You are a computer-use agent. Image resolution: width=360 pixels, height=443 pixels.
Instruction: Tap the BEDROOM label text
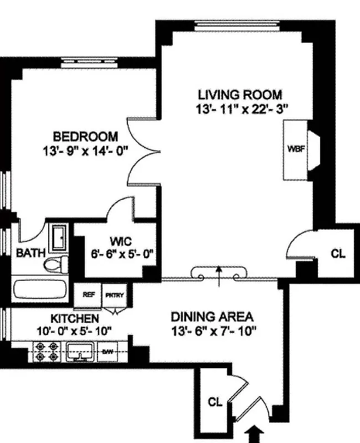pos(85,136)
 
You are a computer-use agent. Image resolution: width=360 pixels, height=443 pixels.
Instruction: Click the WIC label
pos(120,241)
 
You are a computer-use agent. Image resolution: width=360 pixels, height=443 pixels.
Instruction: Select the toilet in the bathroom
pos(55,264)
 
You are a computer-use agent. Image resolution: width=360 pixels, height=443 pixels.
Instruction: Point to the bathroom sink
pos(58,236)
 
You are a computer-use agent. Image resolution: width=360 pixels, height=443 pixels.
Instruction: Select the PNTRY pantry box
pos(115,295)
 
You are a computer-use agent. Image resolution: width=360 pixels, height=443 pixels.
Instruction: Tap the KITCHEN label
pos(75,319)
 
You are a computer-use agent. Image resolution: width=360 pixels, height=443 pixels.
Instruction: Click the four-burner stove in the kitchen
pos(46,352)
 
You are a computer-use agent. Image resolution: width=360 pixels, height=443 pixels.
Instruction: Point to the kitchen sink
pos(81,352)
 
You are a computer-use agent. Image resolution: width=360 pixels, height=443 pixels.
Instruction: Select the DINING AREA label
pos(212,317)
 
